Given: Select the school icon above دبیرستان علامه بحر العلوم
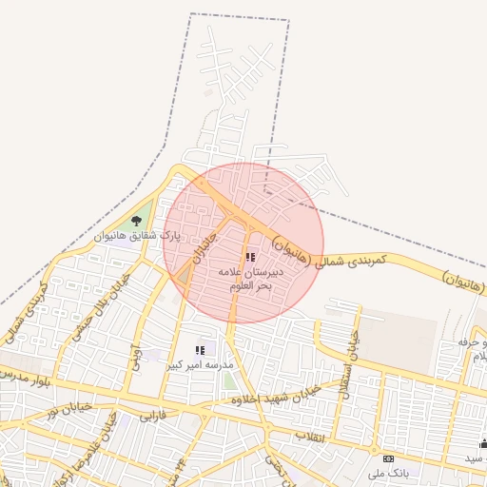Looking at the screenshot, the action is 250,257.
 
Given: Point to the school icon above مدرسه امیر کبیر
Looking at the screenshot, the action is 200,351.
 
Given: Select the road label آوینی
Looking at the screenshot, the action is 136,359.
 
